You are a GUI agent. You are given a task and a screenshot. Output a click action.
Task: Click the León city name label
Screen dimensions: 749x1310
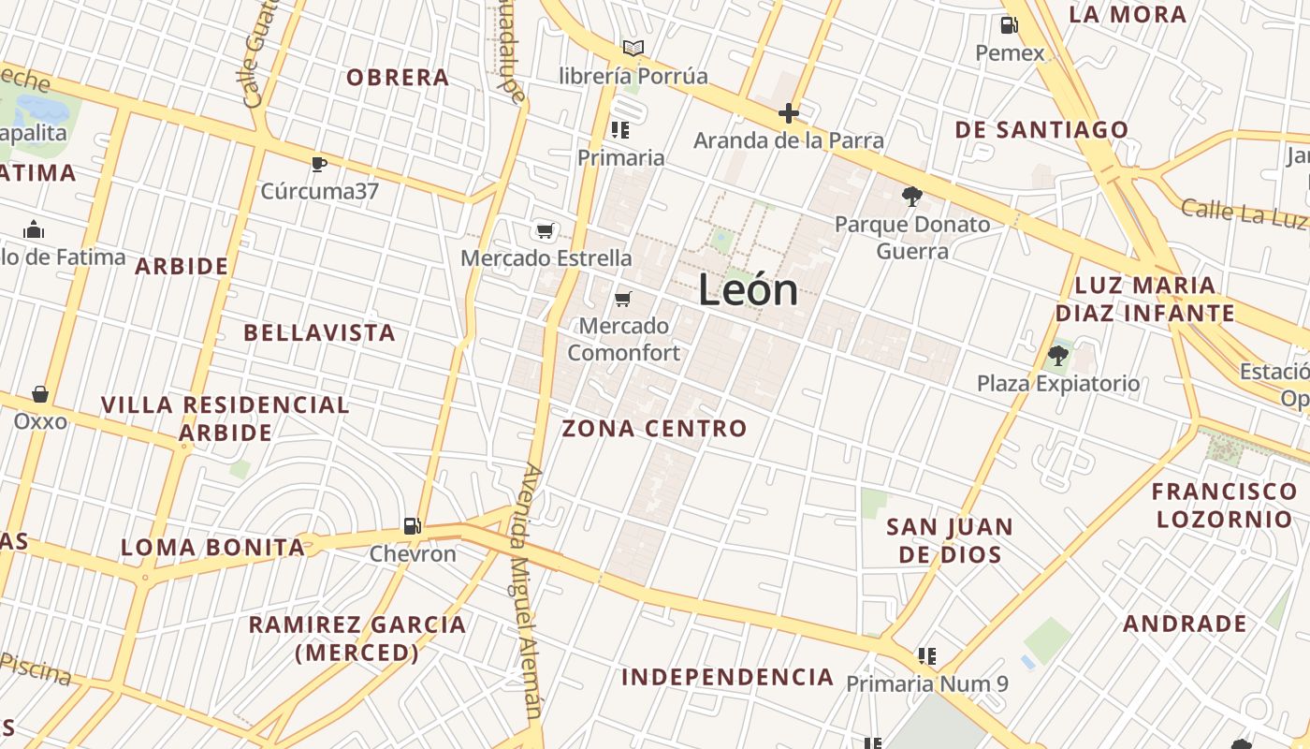(x=749, y=291)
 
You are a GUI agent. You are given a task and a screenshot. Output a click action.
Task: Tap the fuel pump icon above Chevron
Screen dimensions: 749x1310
(x=412, y=526)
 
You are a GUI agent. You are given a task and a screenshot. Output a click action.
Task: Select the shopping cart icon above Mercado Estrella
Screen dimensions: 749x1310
(x=545, y=230)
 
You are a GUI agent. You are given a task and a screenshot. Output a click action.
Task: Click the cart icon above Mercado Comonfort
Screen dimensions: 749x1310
(x=622, y=299)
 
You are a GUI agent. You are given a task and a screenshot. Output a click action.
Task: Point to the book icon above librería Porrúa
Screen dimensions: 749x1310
(x=633, y=48)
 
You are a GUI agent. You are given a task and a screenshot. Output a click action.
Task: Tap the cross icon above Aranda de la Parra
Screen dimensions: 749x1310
(x=789, y=114)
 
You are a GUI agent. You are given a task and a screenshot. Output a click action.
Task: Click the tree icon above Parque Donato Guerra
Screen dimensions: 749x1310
(x=911, y=197)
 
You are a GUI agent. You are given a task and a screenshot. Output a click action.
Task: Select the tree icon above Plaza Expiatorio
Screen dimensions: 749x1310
(x=1058, y=356)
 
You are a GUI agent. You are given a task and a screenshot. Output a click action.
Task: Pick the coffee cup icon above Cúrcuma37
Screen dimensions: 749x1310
(x=319, y=164)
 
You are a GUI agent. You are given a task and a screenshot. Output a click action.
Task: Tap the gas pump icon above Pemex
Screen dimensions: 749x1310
(x=1009, y=25)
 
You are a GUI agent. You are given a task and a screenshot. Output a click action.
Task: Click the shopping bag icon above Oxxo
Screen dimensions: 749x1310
(x=40, y=394)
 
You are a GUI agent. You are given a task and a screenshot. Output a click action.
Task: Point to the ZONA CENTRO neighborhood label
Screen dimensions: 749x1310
(x=655, y=429)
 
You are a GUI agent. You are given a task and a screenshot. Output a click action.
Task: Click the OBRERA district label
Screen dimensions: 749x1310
(x=398, y=78)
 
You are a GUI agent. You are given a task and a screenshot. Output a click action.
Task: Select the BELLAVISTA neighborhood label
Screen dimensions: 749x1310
(x=320, y=332)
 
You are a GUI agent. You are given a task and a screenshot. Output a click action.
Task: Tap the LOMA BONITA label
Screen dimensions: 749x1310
(x=213, y=548)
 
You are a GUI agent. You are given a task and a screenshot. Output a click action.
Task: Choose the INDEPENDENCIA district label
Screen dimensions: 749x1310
(x=728, y=677)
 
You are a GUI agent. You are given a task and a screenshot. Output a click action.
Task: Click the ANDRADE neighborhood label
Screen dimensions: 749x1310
(x=1185, y=624)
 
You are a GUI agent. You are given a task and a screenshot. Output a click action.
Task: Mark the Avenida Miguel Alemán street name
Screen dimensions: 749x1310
(x=527, y=590)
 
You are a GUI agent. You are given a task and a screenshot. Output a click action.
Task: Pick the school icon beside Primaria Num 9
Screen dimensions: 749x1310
(x=927, y=656)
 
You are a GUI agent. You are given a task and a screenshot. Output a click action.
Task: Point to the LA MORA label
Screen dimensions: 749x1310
(x=1128, y=14)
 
